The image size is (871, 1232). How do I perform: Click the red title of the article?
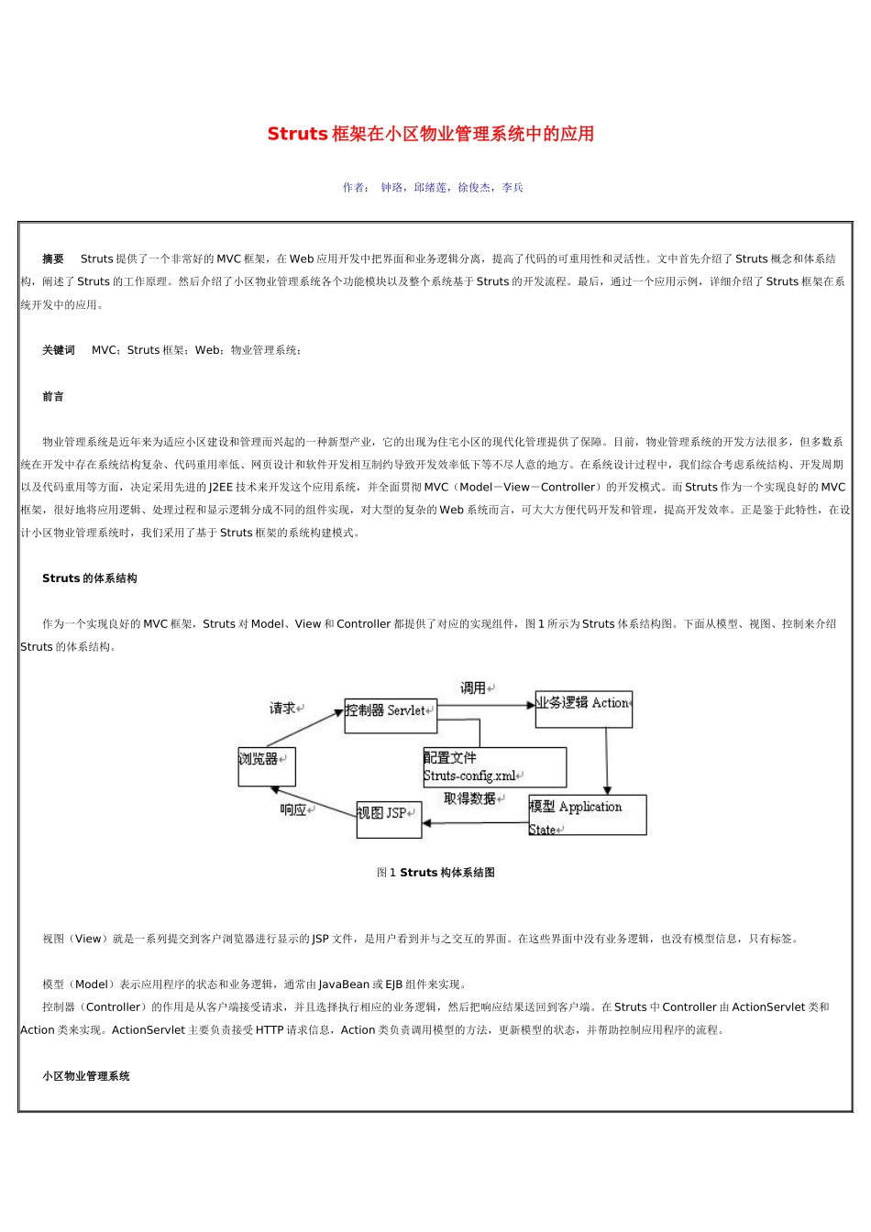(431, 134)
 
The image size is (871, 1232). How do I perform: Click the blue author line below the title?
(433, 188)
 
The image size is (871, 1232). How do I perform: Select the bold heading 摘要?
(53, 259)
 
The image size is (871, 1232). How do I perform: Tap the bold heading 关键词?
(59, 350)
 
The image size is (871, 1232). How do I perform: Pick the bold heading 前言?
(53, 397)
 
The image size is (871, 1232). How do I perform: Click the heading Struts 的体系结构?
(90, 578)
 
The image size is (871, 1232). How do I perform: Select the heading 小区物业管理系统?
(86, 1076)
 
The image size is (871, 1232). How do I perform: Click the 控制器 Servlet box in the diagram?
(391, 716)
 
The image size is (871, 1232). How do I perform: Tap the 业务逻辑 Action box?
(584, 709)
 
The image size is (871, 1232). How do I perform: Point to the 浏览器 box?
(267, 766)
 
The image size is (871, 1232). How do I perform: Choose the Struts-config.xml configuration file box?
(495, 767)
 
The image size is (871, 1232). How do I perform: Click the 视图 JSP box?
(389, 819)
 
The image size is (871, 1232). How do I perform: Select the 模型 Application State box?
(588, 815)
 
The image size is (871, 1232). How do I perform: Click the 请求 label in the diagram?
(283, 709)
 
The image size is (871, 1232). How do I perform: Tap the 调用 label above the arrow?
(474, 687)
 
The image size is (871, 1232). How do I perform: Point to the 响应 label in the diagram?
(294, 810)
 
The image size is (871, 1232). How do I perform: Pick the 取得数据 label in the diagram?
(470, 799)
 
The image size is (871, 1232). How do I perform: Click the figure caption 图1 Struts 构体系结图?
(435, 873)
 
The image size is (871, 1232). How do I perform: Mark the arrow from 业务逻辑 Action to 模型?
(606, 761)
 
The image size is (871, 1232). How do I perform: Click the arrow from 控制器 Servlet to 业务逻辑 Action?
(486, 705)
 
